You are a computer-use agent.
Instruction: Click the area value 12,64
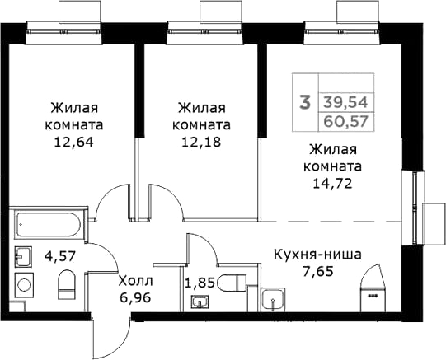(73, 142)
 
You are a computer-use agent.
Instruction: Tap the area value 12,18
(201, 142)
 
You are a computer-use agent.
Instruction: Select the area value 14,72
(332, 184)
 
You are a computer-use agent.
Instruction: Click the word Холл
(136, 281)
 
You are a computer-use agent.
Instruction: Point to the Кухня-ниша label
(317, 255)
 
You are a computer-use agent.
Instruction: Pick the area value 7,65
(317, 272)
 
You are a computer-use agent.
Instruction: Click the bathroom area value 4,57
(59, 256)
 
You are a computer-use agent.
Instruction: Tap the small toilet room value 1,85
(200, 283)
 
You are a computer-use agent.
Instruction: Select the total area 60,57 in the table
(346, 122)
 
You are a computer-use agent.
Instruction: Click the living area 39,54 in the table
(346, 102)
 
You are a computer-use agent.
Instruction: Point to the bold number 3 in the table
(305, 103)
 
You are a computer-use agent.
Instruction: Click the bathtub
(49, 224)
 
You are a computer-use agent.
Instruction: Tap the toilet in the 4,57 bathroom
(67, 284)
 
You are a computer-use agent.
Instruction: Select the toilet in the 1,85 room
(232, 283)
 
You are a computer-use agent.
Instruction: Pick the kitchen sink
(274, 299)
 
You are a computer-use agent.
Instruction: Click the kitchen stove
(373, 299)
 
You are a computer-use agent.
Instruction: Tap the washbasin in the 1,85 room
(200, 302)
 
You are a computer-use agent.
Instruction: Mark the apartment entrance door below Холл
(111, 336)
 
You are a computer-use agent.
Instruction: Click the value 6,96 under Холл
(135, 298)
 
